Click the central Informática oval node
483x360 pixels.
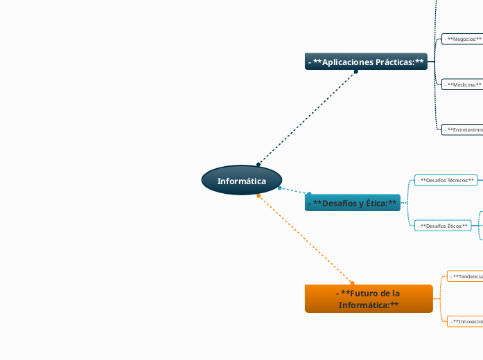click(x=242, y=181)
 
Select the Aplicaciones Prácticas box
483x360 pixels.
click(x=366, y=62)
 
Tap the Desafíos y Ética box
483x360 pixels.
click(x=352, y=203)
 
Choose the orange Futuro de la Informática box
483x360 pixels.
click(x=368, y=298)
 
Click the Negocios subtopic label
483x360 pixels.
click(x=463, y=39)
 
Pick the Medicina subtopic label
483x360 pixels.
click(x=463, y=84)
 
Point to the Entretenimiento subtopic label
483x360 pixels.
click(x=463, y=129)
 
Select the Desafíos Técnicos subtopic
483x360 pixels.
click(x=447, y=180)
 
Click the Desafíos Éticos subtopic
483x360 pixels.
click(x=444, y=226)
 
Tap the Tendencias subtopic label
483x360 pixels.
click(x=466, y=276)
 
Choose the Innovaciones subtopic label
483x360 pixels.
click(x=466, y=322)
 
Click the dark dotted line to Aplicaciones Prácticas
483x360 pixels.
click(x=307, y=118)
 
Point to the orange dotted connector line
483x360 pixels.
click(x=305, y=239)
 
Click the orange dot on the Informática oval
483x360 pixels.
click(x=258, y=196)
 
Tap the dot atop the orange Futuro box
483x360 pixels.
click(x=352, y=282)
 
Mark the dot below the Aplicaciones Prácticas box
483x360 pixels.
click(x=356, y=71)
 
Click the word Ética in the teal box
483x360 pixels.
click(x=374, y=203)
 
